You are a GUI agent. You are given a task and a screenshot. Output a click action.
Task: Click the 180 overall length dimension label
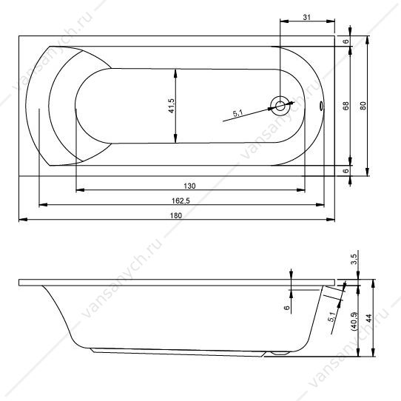[x=176, y=215]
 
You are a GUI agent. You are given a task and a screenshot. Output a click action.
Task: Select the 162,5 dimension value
[x=181, y=201]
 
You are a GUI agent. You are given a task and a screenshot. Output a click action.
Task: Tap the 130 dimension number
[x=189, y=186]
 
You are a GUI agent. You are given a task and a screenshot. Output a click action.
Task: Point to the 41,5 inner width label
[x=171, y=106]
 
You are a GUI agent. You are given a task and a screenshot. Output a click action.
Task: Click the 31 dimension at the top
[x=306, y=18]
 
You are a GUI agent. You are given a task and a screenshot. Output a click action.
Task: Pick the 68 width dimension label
[x=346, y=106]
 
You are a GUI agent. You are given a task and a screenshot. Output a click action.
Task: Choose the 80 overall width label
[x=363, y=106]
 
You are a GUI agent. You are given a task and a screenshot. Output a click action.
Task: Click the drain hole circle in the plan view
[x=280, y=106]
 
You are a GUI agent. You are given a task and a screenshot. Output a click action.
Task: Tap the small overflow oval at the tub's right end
[x=321, y=106]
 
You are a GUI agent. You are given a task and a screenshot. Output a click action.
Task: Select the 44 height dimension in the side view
[x=368, y=318]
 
